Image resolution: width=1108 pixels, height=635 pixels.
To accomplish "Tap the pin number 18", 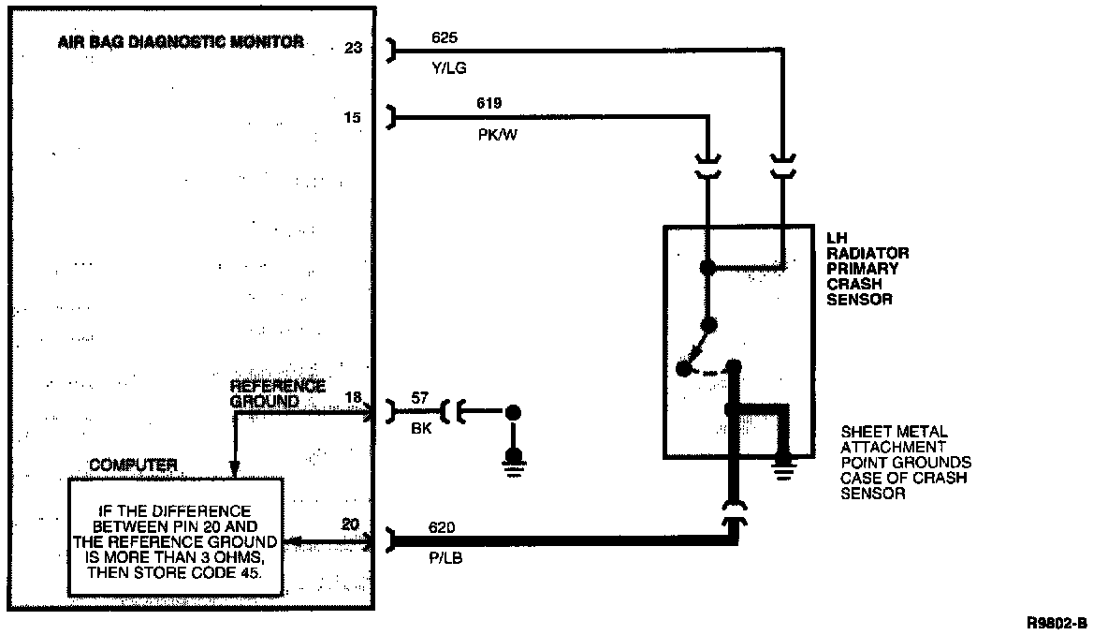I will [x=352, y=398].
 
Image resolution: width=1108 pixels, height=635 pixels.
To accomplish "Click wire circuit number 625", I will [x=445, y=38].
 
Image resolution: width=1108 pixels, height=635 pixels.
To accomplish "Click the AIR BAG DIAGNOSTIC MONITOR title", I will [x=180, y=42].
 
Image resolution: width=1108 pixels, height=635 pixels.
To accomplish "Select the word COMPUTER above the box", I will [x=133, y=465].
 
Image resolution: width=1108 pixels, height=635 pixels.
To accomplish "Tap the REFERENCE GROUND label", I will [x=277, y=393].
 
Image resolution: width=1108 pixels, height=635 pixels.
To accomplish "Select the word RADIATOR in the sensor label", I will [x=867, y=254].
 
